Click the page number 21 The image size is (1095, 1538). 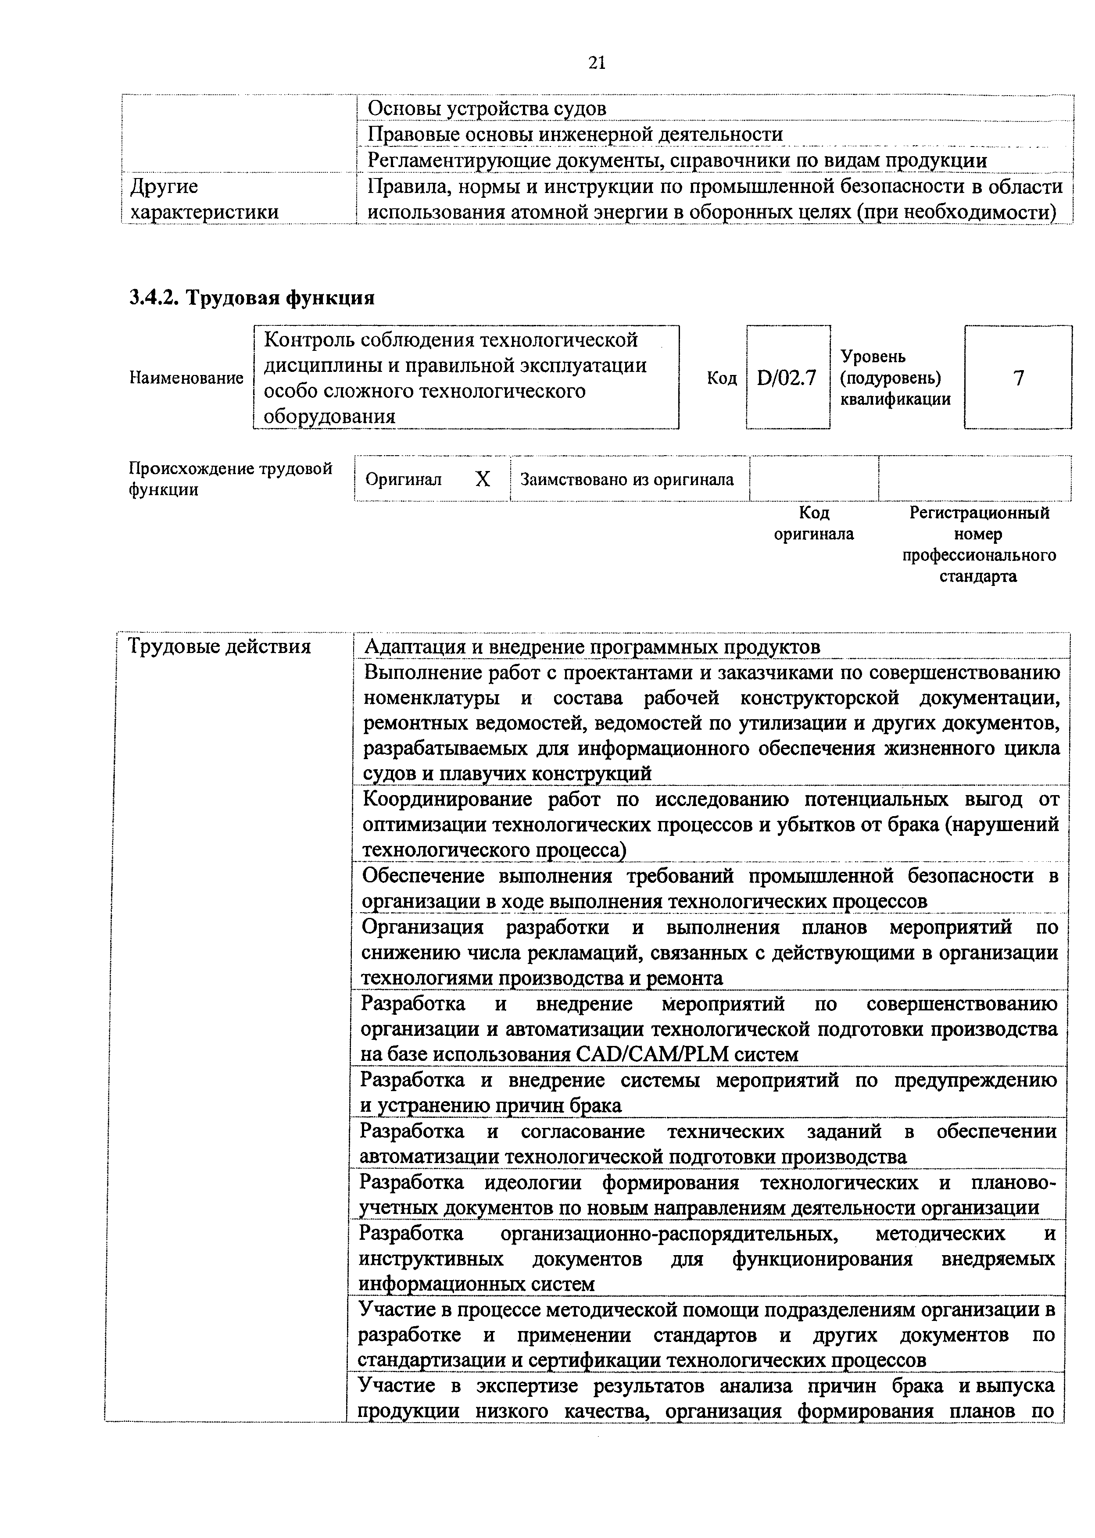597,63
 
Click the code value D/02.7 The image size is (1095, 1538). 787,378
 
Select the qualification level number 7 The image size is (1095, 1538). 1018,378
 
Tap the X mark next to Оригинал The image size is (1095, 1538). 483,479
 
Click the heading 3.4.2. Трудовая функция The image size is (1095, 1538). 251,297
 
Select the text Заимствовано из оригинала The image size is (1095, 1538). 627,480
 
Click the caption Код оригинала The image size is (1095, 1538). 814,524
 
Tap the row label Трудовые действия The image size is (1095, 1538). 219,647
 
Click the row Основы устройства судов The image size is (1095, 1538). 487,108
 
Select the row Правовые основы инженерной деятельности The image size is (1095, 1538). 575,135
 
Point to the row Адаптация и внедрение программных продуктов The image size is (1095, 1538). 592,647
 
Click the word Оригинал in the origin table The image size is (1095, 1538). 403,480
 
